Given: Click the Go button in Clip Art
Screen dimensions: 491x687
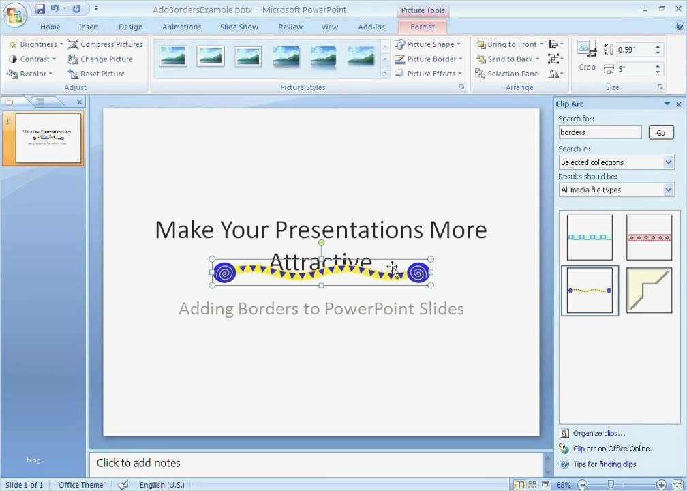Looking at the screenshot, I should [x=660, y=133].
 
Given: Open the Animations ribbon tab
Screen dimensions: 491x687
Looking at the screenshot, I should [x=181, y=27].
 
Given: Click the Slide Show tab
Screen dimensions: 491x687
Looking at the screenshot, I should [x=239, y=27].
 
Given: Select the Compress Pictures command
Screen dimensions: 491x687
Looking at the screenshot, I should [x=106, y=44].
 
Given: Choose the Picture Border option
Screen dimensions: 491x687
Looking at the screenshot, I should [x=427, y=59].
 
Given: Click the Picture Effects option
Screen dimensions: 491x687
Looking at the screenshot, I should [x=427, y=74].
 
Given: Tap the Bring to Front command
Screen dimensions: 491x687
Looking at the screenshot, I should [x=508, y=44].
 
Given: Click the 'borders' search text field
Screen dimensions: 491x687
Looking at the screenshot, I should [x=600, y=132].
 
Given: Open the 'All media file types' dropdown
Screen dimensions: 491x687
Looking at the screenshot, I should [x=616, y=190].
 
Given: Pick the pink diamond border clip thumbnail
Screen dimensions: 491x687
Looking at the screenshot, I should [x=649, y=237].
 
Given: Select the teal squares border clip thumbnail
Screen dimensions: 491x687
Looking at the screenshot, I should [x=590, y=237].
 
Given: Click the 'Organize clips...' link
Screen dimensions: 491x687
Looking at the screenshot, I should [x=598, y=433].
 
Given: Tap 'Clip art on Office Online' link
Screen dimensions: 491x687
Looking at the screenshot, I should [x=611, y=449].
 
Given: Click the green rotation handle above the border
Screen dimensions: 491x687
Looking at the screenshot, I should [x=321, y=243].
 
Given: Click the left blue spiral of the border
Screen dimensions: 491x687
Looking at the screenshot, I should [x=225, y=273].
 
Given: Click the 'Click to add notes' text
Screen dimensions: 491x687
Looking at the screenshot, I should [x=138, y=463].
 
